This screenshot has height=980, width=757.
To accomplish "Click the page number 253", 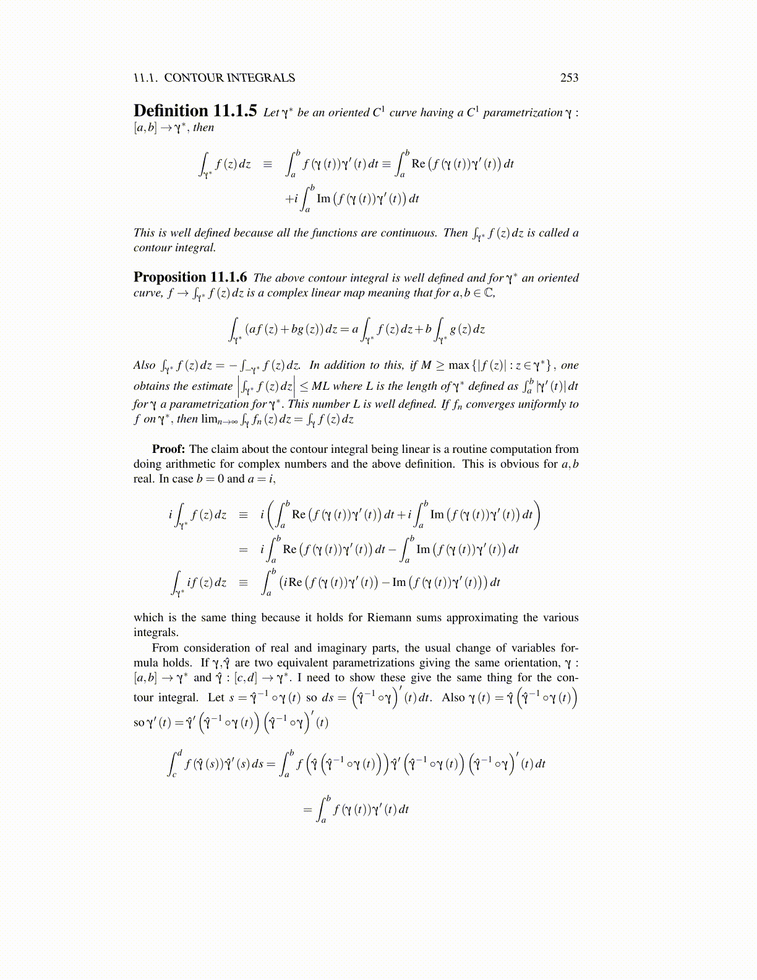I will point(569,77).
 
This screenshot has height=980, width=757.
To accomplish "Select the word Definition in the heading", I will point(171,111).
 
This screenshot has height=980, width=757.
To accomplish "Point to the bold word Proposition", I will point(169,277).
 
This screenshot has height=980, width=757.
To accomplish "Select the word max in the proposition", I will point(459,365).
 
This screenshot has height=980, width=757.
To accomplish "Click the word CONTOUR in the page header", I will point(194,77).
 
